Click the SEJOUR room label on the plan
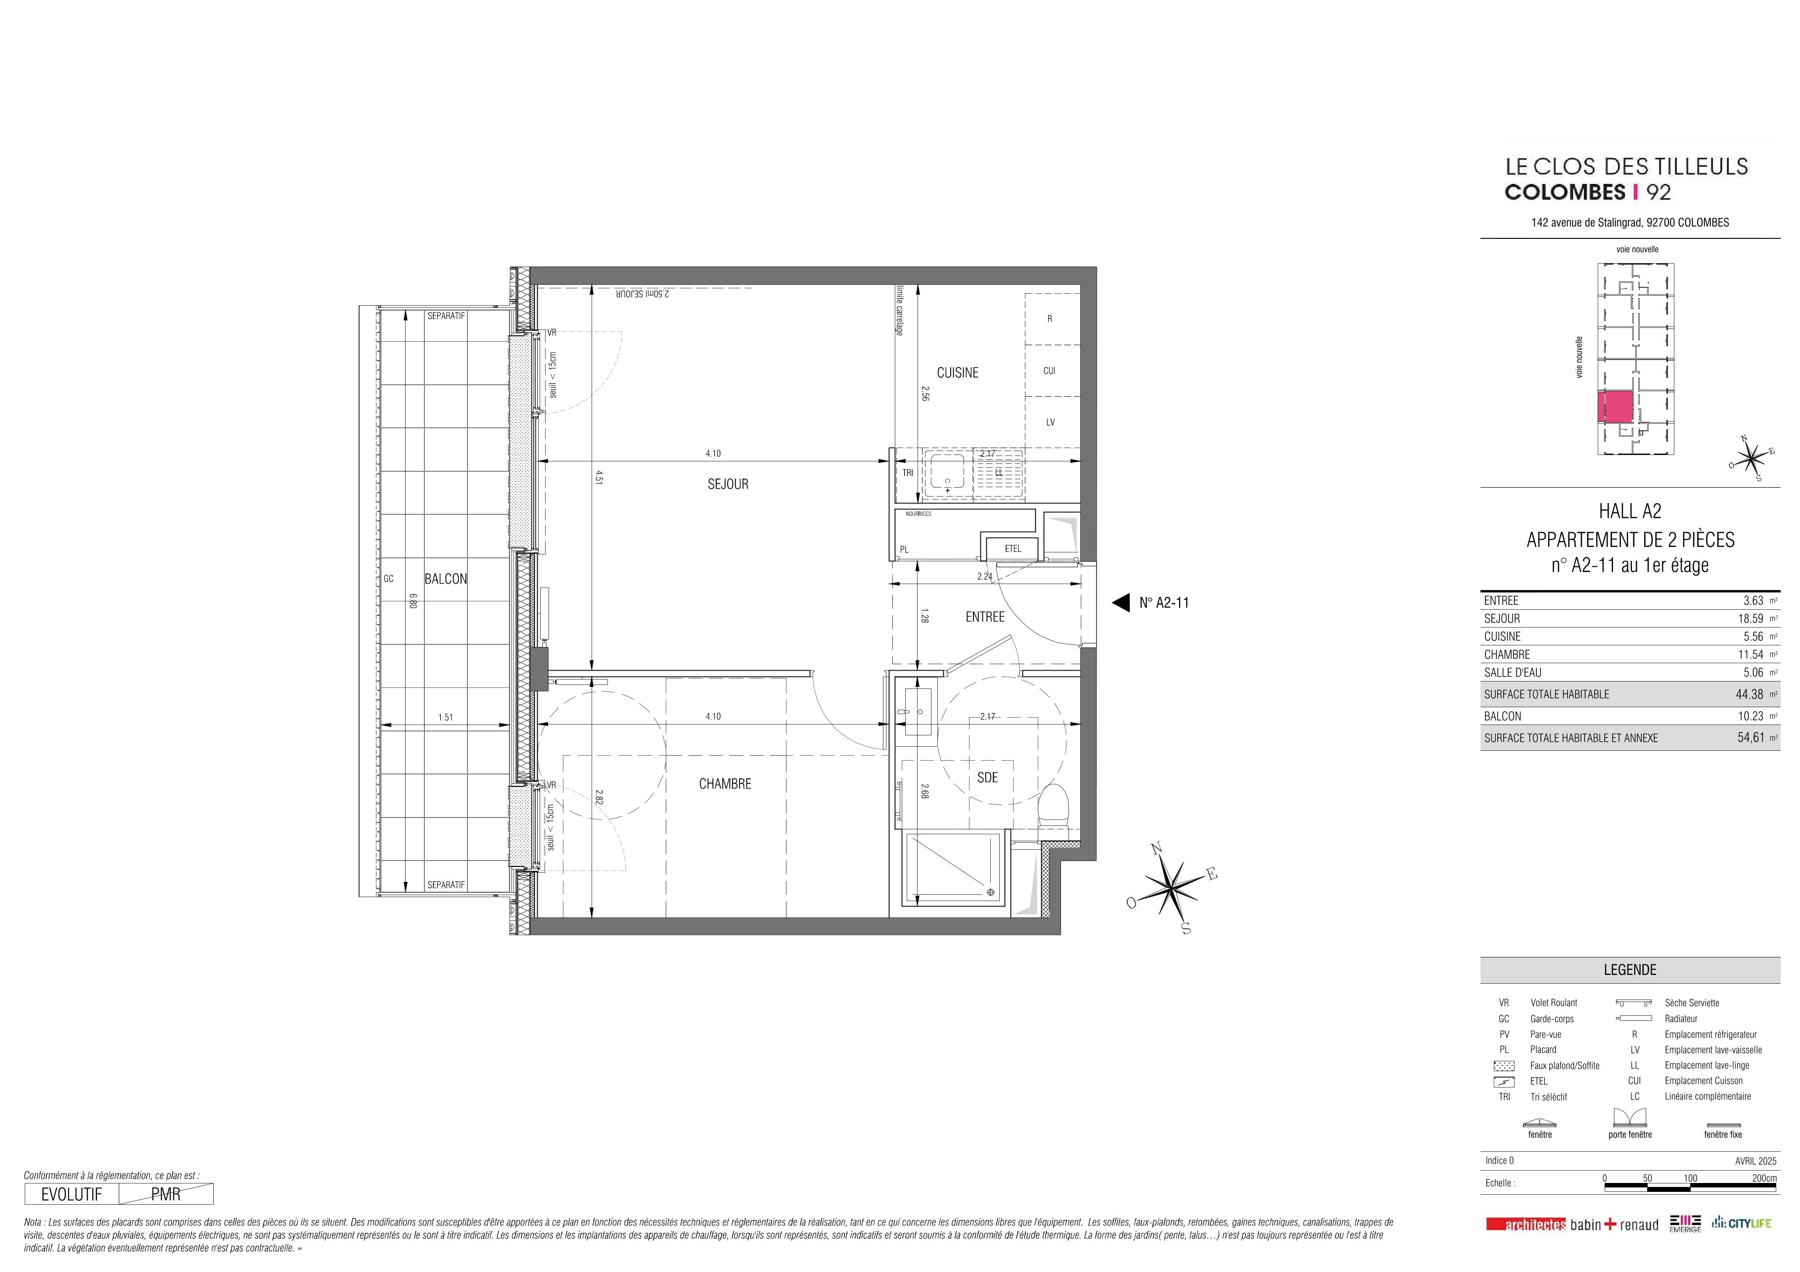728,484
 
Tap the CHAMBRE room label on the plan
725,784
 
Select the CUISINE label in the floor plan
957,373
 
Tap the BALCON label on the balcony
445,579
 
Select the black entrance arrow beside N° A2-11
1121,603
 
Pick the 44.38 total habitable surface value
1750,694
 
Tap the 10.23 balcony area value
1750,716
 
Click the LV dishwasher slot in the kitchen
1051,422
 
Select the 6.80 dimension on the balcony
413,599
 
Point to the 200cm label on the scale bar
1764,1179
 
